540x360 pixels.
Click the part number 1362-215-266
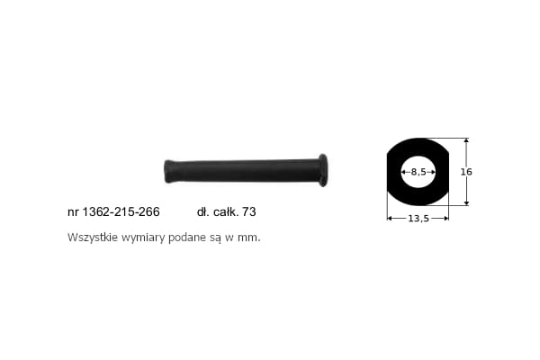click(121, 211)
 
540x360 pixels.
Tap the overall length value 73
click(249, 211)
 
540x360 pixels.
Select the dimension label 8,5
click(418, 172)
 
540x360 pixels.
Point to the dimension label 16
click(466, 172)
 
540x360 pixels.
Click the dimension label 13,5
click(418, 219)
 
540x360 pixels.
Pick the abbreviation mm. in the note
click(249, 238)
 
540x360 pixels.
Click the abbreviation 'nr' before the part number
click(74, 212)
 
